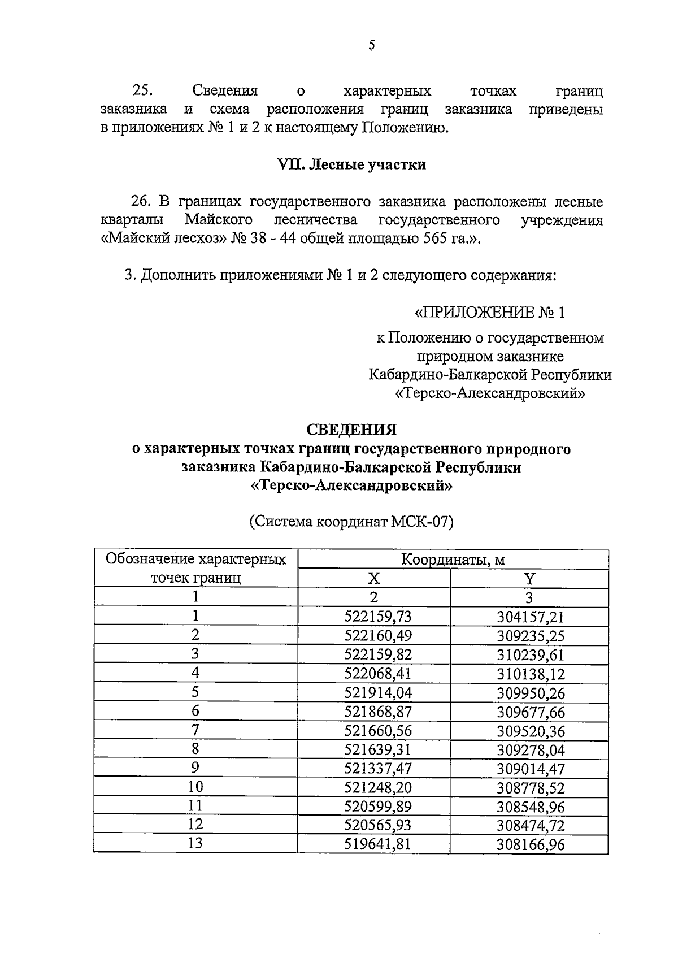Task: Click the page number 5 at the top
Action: pos(371,45)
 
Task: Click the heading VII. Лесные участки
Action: pos(351,164)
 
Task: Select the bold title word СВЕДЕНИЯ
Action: pos(351,430)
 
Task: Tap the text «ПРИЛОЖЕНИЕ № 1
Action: pos(489,313)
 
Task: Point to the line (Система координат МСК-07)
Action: pos(351,522)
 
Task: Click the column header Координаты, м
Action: pos(453,560)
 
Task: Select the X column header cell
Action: pos(373,579)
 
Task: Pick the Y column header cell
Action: pos(529,579)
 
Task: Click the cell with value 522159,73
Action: pos(378,617)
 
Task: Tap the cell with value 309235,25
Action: pos(531,636)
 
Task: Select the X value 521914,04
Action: pos(378,693)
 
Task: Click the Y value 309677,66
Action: pos(531,712)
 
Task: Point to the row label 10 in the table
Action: pos(195,787)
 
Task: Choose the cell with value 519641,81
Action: pos(378,844)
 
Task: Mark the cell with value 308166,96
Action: pos(531,845)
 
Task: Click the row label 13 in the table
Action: pos(195,844)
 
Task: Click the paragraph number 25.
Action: pos(143,90)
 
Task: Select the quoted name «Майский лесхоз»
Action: pos(164,239)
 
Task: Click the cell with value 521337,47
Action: pos(378,769)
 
